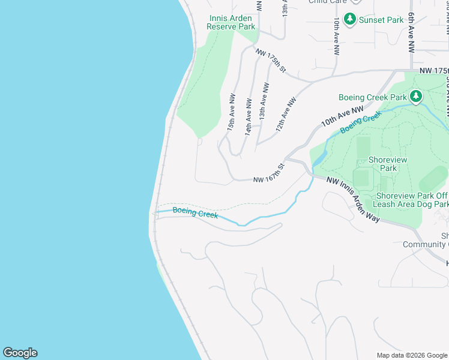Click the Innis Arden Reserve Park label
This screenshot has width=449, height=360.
click(x=231, y=23)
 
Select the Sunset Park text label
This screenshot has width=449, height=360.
click(x=381, y=20)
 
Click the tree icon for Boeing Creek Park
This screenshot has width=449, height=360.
click(x=415, y=97)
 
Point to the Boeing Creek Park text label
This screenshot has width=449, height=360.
click(x=373, y=97)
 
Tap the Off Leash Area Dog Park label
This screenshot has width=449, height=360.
click(x=412, y=200)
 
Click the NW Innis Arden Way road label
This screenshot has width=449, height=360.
click(x=354, y=200)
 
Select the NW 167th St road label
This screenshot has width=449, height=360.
click(x=268, y=174)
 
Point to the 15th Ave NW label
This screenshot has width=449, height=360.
click(x=231, y=112)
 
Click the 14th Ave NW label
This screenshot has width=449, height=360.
click(x=247, y=112)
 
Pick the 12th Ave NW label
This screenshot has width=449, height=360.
click(x=286, y=114)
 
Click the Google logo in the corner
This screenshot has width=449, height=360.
click(x=20, y=353)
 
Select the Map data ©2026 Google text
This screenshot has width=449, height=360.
click(x=411, y=355)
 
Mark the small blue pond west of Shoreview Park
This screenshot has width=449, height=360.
click(x=318, y=158)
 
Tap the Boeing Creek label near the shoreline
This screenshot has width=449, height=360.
click(x=195, y=212)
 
